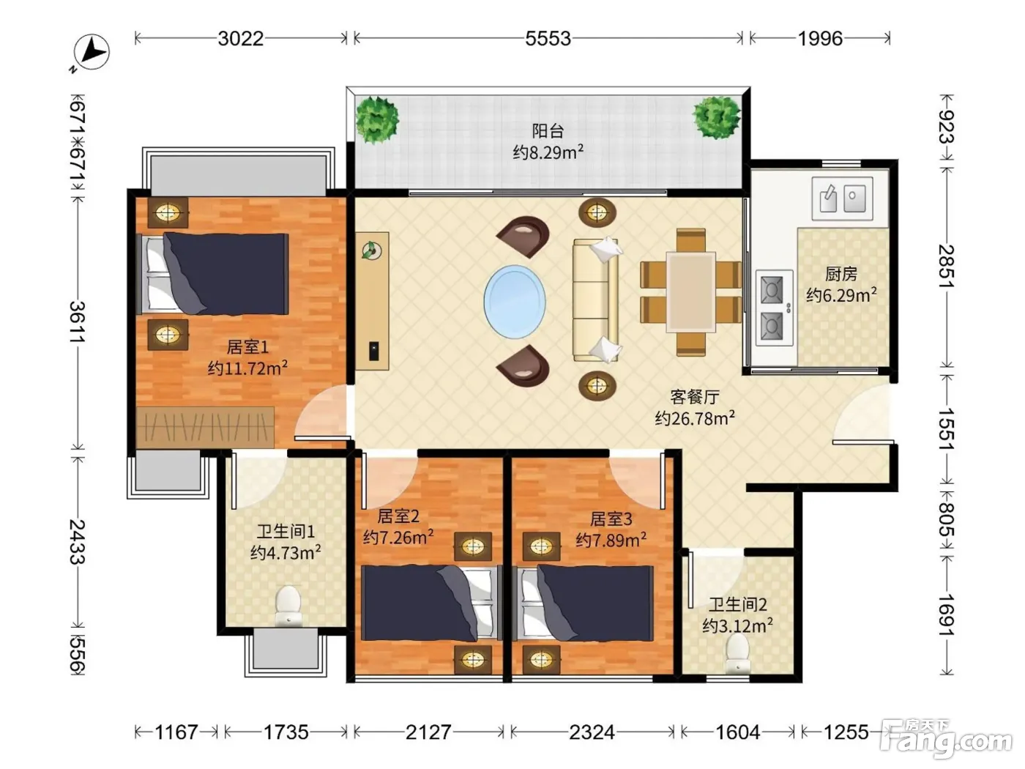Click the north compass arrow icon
point(92,52)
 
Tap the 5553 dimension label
point(548,38)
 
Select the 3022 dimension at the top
point(240,38)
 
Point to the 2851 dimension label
point(946,266)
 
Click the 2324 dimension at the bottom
point(592,732)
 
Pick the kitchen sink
point(843,198)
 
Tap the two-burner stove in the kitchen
point(774,308)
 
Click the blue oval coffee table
point(515,302)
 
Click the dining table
point(690,292)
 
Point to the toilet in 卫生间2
point(738,653)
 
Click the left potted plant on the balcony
point(377,119)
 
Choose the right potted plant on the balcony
point(717,117)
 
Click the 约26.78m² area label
point(695,418)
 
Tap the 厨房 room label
point(841,274)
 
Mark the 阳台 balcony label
point(548,131)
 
